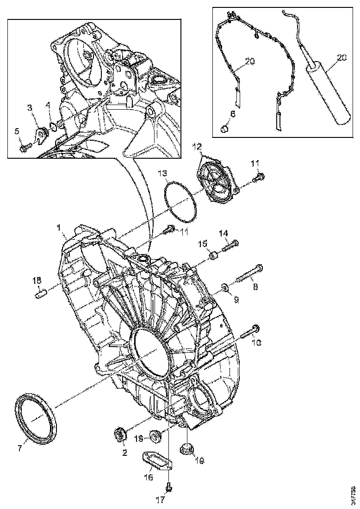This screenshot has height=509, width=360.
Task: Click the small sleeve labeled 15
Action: [x=214, y=255]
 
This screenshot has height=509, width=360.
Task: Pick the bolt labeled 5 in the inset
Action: [x=25, y=148]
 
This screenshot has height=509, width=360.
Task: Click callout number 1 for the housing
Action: [x=59, y=228]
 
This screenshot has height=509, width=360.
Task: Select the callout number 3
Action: [x=30, y=107]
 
